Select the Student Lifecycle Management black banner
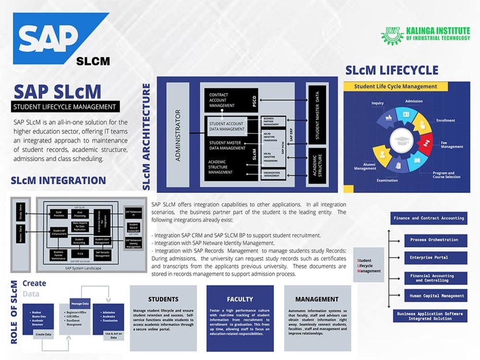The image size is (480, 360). tap(65, 107)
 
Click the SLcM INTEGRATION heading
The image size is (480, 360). tap(58, 180)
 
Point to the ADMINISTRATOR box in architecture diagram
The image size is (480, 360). tap(178, 135)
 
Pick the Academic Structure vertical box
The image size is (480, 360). tap(316, 164)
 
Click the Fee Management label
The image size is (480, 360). tap(452, 144)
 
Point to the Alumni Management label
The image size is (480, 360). tap(365, 166)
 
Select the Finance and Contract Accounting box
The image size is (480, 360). tap(429, 218)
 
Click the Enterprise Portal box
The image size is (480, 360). tap(429, 258)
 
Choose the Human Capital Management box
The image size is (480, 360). tap(429, 296)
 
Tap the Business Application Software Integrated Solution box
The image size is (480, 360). tap(430, 316)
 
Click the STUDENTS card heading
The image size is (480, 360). tap(163, 299)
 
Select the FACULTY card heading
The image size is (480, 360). tap(240, 299)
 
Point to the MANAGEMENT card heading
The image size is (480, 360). tap(317, 299)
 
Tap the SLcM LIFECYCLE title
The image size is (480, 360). tap(392, 71)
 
